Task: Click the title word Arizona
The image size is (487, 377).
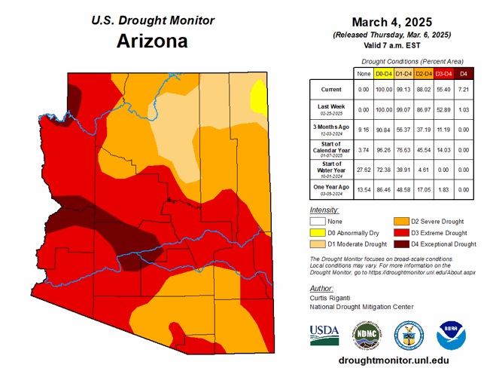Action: point(152,41)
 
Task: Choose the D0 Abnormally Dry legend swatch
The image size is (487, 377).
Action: point(318,233)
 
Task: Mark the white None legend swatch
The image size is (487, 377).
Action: point(318,222)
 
